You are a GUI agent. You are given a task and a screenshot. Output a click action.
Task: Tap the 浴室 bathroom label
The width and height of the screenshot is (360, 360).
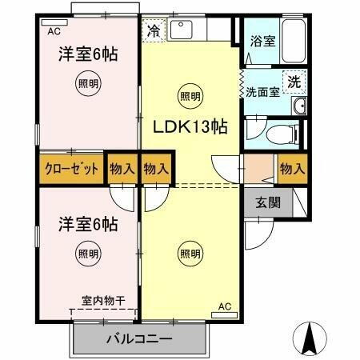[x=262, y=41]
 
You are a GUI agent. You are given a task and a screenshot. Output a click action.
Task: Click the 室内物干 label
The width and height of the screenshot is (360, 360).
[x=103, y=302]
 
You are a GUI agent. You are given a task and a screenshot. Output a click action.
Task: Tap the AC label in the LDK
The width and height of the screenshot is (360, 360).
[x=224, y=306]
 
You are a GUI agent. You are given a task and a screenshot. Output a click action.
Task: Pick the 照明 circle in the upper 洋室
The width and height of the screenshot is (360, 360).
[x=88, y=83]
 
